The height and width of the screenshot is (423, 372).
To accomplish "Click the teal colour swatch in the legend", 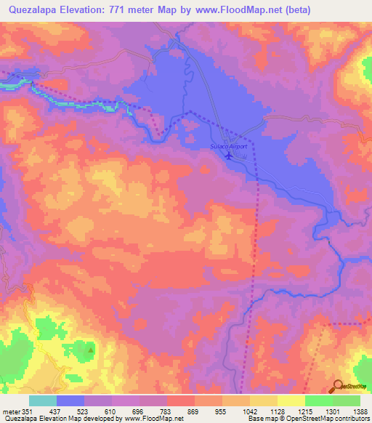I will [43, 400].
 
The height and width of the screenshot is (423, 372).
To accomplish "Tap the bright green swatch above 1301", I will [319, 400].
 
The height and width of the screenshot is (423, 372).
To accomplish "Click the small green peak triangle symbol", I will [91, 350].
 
